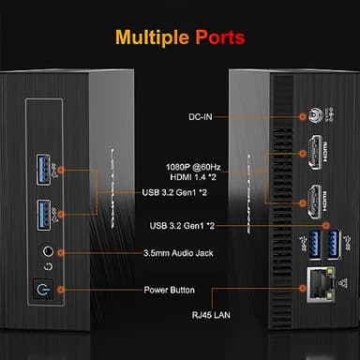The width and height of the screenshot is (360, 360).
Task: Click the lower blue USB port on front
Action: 46,215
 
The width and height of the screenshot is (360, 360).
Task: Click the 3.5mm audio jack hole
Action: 46,251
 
